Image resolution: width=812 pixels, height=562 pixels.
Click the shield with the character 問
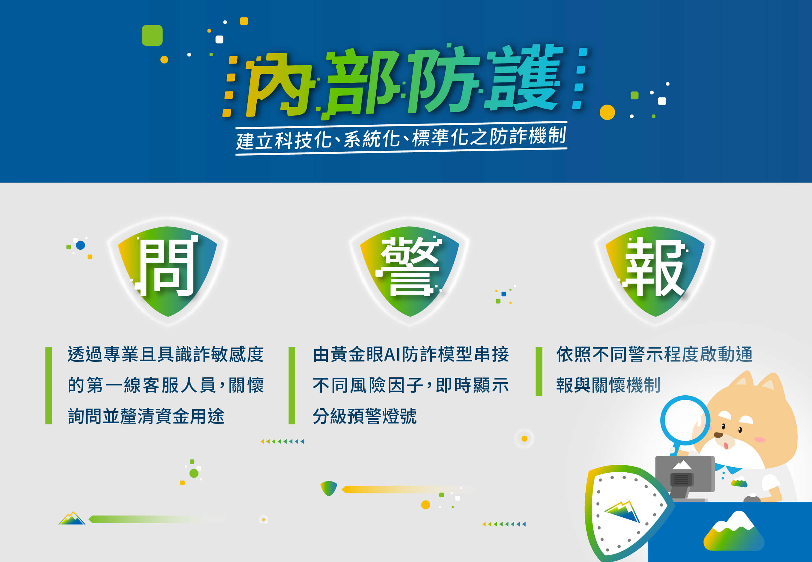coord(167,271)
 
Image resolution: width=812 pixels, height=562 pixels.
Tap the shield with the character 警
coord(409,271)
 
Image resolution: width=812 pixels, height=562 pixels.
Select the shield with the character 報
coord(655,271)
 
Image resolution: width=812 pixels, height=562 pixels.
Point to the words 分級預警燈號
coord(365,416)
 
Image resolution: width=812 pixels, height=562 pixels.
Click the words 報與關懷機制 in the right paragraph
coord(608,385)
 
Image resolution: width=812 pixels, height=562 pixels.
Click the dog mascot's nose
coord(718,435)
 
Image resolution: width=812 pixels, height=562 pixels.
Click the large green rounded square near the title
coord(152,35)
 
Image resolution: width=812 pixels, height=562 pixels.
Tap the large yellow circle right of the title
coord(607,112)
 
